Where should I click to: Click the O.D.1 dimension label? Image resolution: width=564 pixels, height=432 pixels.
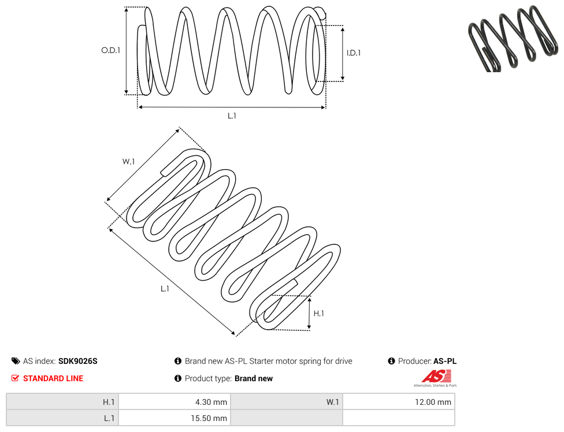110,50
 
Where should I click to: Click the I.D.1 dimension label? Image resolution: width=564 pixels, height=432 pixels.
353,53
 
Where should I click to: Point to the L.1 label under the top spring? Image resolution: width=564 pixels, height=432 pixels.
232,116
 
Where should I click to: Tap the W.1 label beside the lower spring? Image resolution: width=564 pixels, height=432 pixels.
128,161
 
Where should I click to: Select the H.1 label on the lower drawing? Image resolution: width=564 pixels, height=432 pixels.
318,314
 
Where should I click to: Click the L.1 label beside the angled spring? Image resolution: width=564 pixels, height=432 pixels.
165,289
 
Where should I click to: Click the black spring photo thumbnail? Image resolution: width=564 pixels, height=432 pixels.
513,38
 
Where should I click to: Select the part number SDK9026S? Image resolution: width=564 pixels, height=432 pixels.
77,361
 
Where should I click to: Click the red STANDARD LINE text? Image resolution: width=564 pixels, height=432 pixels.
53,378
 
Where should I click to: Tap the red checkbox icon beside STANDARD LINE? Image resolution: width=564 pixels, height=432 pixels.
15,378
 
